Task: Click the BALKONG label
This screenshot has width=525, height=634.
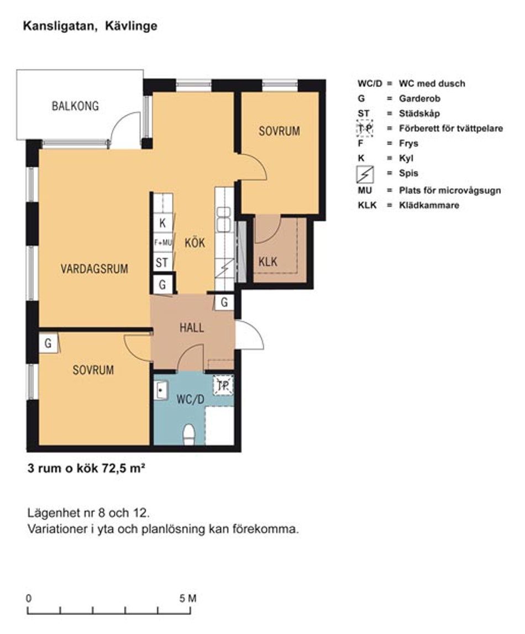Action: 75,106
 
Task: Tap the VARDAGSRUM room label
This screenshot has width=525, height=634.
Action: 94,269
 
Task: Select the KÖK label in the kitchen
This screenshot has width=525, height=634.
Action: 195,243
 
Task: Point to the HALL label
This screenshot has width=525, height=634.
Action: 192,328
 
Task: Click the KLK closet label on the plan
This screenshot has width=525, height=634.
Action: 268,261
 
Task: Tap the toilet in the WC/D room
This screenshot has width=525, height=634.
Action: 188,434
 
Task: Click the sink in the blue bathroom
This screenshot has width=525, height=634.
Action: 161,390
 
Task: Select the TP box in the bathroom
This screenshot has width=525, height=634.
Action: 223,386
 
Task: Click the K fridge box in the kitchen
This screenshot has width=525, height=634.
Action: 162,223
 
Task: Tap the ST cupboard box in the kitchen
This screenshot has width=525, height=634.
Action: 162,263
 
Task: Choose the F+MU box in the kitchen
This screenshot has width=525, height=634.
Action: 162,243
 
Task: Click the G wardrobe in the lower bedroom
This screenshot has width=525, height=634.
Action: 48,343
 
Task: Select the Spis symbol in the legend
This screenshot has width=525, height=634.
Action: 365,175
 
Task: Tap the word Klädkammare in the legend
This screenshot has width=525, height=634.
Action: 429,205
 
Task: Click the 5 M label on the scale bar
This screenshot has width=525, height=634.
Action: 188,599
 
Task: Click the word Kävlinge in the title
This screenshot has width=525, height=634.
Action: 131,27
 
